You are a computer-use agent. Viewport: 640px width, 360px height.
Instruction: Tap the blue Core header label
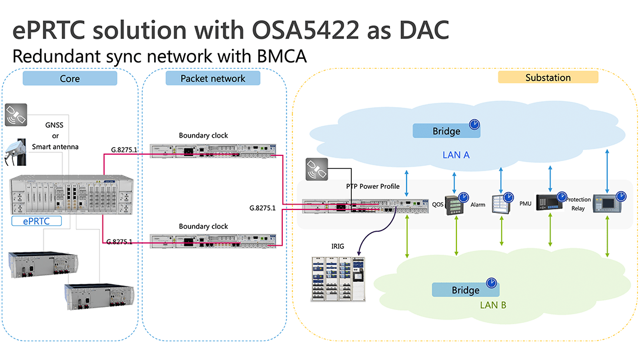pyautogui.click(x=70, y=78)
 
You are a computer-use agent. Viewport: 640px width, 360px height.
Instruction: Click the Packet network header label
pyautogui.click(x=212, y=78)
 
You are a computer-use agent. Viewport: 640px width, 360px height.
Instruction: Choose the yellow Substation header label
pyautogui.click(x=548, y=77)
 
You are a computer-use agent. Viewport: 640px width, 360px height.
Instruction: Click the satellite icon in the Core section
pyautogui.click(x=15, y=115)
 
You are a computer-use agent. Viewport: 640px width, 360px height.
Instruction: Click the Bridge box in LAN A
pyautogui.click(x=446, y=131)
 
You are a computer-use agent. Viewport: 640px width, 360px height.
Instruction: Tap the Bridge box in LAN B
pyautogui.click(x=465, y=290)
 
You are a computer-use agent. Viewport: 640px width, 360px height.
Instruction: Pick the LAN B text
pyautogui.click(x=493, y=305)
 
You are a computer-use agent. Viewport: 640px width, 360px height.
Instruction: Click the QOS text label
pyautogui.click(x=437, y=205)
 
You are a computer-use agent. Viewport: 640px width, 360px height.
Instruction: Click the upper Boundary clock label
pyautogui.click(x=204, y=135)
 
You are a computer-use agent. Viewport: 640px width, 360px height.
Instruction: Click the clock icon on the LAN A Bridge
pyautogui.click(x=474, y=125)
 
